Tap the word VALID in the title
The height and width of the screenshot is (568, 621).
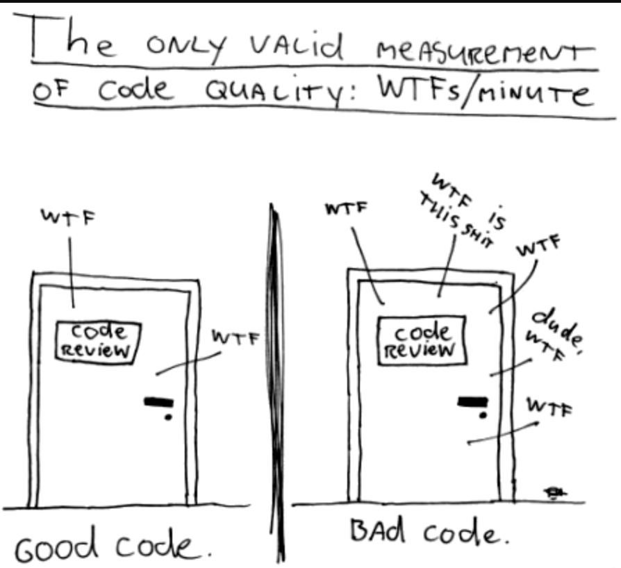297,46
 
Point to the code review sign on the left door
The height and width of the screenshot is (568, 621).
98,342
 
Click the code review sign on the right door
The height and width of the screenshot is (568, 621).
422,340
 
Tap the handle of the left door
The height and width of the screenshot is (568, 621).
159,402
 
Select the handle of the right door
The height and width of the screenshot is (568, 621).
472,401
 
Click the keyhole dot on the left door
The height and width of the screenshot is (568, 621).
168,417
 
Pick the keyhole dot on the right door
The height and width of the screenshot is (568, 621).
483,415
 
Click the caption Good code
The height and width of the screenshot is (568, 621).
113,544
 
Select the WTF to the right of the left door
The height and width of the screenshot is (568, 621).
235,337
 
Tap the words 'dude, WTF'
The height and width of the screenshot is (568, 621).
554,335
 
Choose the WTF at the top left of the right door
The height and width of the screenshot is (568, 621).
347,208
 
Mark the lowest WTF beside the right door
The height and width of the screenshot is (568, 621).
549,407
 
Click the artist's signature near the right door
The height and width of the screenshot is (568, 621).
555,493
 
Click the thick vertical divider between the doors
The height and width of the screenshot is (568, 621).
277,382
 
